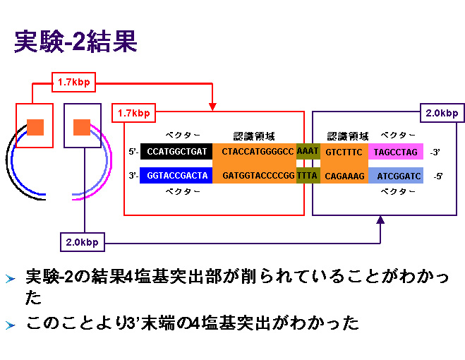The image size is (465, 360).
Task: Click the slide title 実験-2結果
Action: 76,41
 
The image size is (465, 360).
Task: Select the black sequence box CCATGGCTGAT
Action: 176,151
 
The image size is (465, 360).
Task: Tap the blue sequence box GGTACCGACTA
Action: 176,175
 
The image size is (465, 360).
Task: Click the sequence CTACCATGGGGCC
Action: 258,152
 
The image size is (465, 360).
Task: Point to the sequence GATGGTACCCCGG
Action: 258,176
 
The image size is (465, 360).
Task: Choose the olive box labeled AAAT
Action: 308,151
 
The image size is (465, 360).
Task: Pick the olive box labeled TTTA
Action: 308,175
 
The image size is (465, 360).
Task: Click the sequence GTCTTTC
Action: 344,152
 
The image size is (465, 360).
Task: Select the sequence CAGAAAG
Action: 344,176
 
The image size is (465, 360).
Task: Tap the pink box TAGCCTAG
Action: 396,152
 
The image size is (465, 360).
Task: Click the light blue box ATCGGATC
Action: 396,175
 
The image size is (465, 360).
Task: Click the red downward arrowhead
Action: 212,107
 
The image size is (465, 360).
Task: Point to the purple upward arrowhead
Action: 380,220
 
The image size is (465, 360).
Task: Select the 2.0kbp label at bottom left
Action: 83,242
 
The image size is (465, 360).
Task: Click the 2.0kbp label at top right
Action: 442,113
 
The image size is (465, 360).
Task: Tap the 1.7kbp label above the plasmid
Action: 74,82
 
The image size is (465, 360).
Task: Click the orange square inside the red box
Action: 35,127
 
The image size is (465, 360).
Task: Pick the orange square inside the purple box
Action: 82,127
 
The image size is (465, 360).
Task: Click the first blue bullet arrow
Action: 10,279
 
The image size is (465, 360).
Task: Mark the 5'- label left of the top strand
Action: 133,152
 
